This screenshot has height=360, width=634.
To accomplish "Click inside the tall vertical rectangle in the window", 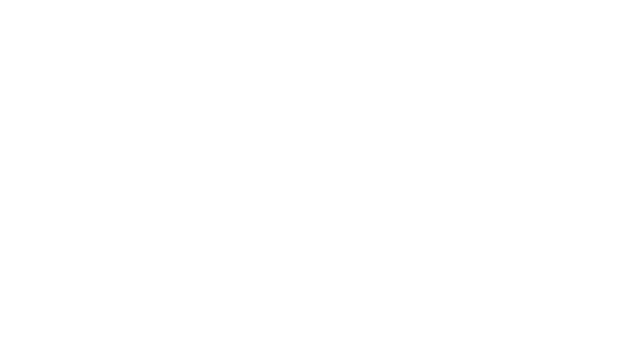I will [431, 227].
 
